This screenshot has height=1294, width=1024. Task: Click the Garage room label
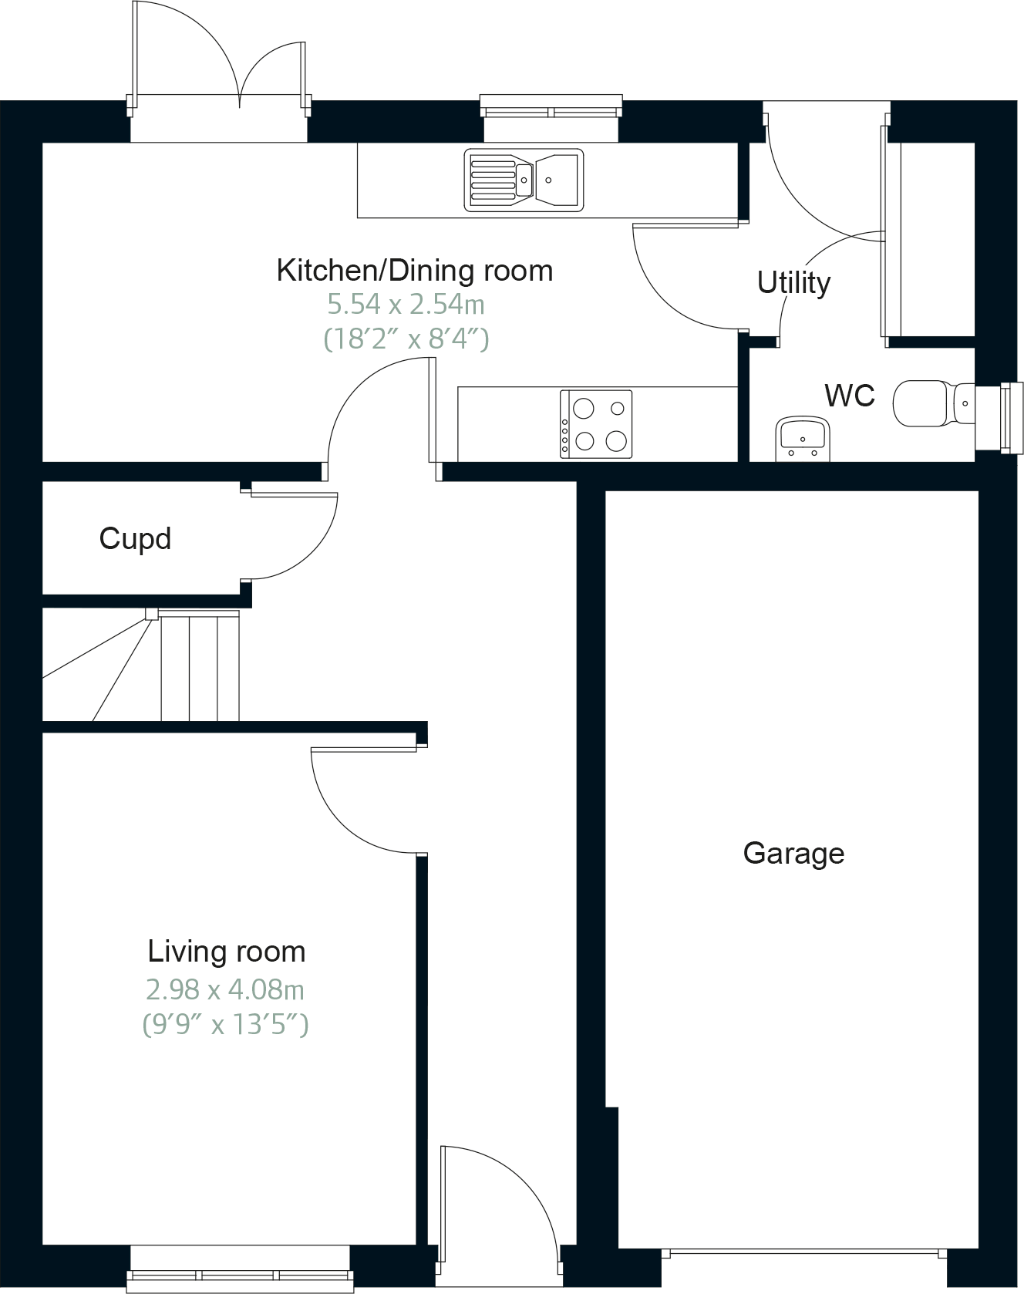point(793,853)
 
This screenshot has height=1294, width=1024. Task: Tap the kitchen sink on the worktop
point(523,180)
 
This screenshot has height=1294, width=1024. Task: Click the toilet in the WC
point(929,403)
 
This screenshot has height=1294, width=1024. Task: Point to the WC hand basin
point(802,437)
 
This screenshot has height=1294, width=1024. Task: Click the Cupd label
point(135,538)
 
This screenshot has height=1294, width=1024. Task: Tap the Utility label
point(793,282)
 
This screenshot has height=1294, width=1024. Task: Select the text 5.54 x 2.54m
point(406,305)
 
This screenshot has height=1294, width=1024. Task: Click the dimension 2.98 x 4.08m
point(225,989)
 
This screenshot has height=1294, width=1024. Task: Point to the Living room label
point(226,952)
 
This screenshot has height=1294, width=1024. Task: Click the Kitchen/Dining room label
point(414,271)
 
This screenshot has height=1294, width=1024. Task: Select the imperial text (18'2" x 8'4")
point(406,339)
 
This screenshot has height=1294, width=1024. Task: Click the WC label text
point(850,396)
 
